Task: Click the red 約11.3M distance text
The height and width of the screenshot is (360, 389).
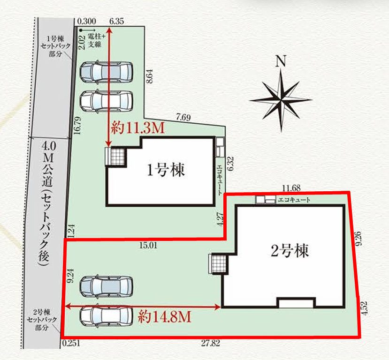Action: point(137,128)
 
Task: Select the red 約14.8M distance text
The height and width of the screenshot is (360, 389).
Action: point(164,317)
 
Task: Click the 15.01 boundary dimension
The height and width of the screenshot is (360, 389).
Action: point(148,244)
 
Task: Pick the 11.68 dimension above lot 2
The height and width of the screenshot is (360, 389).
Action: point(291,188)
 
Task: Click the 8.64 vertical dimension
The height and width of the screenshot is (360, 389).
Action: point(149,76)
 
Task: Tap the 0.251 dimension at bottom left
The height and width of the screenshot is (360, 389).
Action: point(71,343)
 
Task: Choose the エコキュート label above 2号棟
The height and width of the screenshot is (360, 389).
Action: point(294,200)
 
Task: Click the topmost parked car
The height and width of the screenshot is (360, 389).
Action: point(106,72)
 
